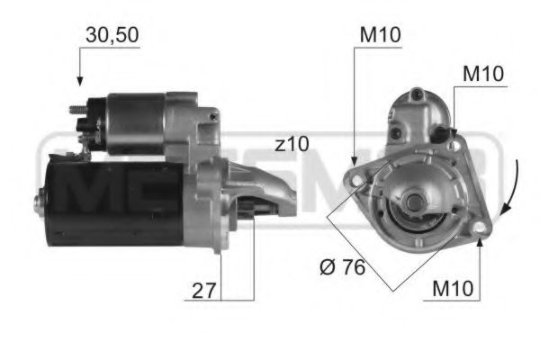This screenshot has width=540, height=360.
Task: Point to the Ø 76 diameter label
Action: coord(342,269)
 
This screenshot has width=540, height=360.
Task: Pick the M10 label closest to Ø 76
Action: coord(455,289)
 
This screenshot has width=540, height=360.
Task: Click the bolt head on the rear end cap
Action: coord(38,202)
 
